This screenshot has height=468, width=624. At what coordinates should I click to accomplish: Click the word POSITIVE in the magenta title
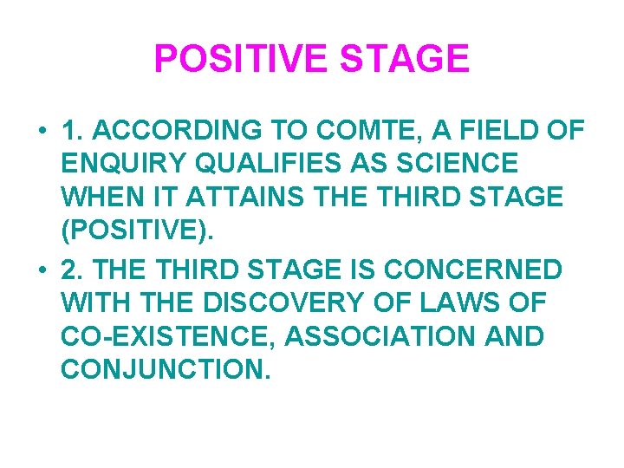coord(240,60)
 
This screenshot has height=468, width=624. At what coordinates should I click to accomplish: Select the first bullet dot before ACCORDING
coord(41,132)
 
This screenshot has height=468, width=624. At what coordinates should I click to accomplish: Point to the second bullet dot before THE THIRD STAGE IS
coord(41,270)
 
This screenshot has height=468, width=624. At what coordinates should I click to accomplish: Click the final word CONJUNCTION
coord(164,370)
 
